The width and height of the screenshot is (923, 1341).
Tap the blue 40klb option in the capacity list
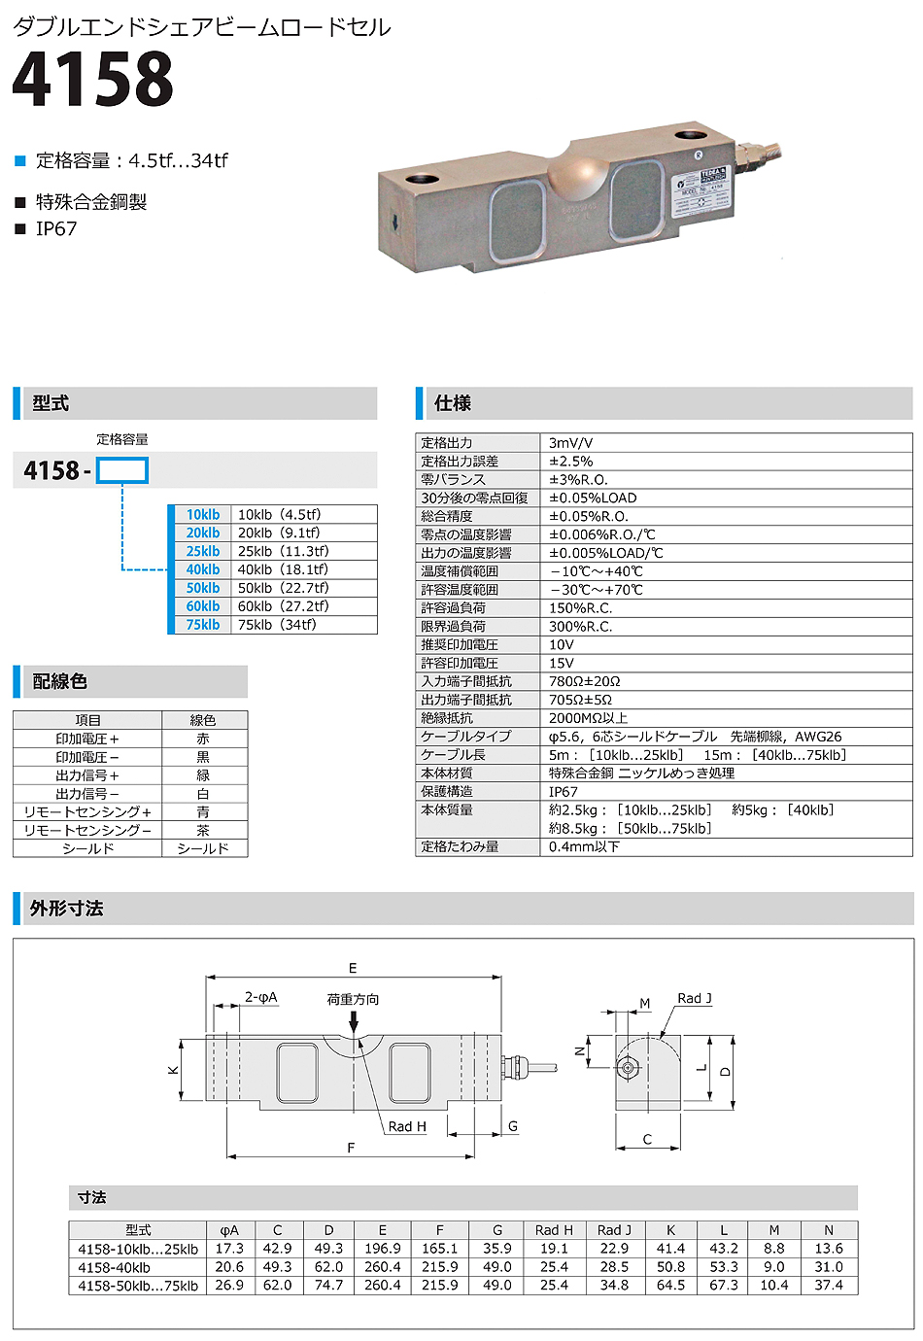pyautogui.click(x=203, y=569)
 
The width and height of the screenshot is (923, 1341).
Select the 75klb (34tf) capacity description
pyautogui.click(x=277, y=625)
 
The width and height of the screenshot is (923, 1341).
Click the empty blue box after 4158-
pyautogui.click(x=122, y=471)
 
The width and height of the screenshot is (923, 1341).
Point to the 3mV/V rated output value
pyautogui.click(x=570, y=443)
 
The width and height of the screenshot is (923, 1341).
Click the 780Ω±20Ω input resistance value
pyautogui.click(x=584, y=681)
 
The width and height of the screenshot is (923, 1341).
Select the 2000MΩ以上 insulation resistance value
pyautogui.click(x=588, y=718)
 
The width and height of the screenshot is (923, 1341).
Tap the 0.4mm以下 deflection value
pyautogui.click(x=583, y=846)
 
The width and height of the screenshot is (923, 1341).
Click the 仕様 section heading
pyautogui.click(x=453, y=403)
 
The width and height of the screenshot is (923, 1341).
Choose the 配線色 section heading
pyautogui.click(x=60, y=681)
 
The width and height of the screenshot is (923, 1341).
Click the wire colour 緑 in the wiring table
pyautogui.click(x=203, y=775)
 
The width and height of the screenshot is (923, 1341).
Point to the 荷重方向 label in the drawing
pyautogui.click(x=353, y=999)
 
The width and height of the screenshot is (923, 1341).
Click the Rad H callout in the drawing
pyautogui.click(x=407, y=1126)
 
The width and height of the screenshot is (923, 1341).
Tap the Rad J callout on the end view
pyautogui.click(x=695, y=998)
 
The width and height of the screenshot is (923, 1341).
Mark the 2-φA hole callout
pyautogui.click(x=260, y=997)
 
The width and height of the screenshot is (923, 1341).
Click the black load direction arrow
pyautogui.click(x=354, y=1021)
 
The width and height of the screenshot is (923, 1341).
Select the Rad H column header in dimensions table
pyautogui.click(x=554, y=1230)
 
